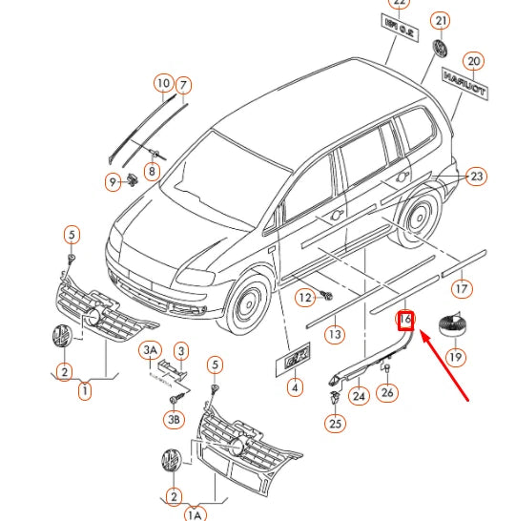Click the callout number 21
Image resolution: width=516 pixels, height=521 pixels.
point(440,21)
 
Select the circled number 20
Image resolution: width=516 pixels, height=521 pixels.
point(474,61)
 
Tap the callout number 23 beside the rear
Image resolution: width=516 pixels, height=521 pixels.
point(477,176)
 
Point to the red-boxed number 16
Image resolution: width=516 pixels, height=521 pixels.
point(406,320)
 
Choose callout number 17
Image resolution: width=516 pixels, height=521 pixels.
point(461,287)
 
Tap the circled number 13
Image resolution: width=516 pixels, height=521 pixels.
point(334,334)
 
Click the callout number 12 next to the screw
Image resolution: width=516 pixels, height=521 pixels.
point(303,298)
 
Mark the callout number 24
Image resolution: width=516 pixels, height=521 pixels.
point(359,395)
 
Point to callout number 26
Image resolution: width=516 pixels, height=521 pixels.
point(386,391)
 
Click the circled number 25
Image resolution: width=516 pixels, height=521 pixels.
point(335,423)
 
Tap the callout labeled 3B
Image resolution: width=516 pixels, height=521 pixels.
point(174,419)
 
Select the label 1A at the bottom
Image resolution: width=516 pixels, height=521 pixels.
point(195,514)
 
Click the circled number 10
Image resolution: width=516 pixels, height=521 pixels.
point(163,84)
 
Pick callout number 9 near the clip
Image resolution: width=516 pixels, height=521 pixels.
point(113,181)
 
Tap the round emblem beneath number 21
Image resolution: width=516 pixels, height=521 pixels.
point(441,49)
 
